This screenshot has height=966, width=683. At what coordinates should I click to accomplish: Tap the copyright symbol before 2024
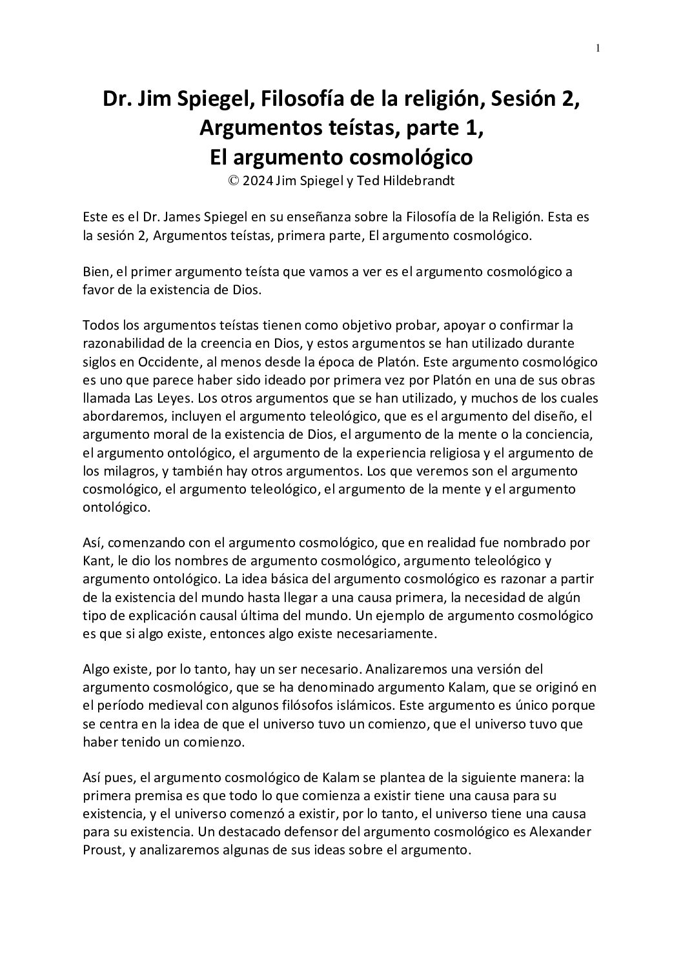(x=232, y=181)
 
